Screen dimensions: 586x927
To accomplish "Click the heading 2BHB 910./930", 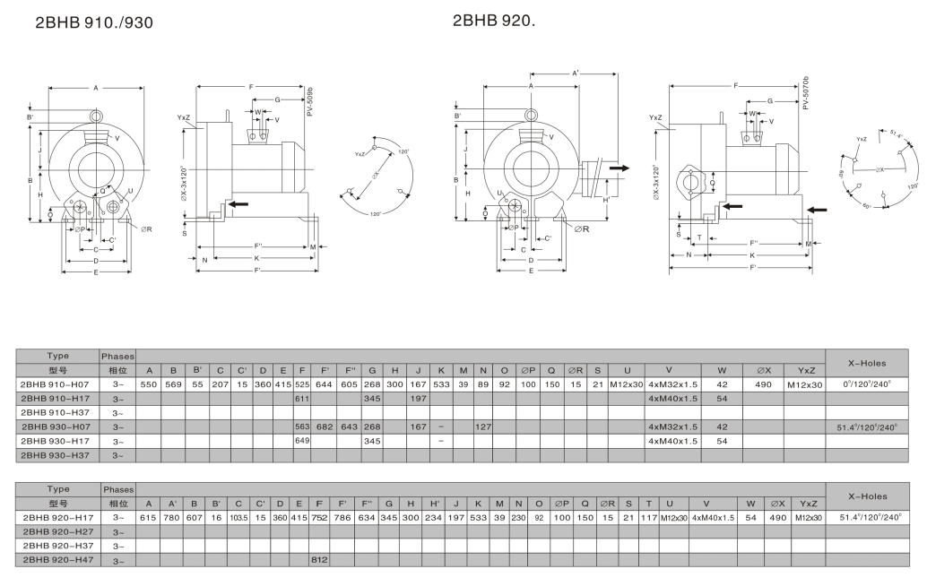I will [x=93, y=23].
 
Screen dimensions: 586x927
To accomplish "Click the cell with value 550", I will [x=149, y=383].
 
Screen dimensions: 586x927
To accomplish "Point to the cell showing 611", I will [x=301, y=398].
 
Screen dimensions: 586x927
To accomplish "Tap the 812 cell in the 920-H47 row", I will [x=318, y=560].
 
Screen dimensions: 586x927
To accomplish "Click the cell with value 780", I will [x=172, y=517].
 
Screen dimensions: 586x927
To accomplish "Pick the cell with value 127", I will [x=482, y=427].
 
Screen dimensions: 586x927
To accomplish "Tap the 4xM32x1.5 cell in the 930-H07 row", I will [x=672, y=427].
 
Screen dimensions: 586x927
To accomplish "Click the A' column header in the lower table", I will [x=172, y=503].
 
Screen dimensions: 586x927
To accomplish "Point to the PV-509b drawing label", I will [x=310, y=100].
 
